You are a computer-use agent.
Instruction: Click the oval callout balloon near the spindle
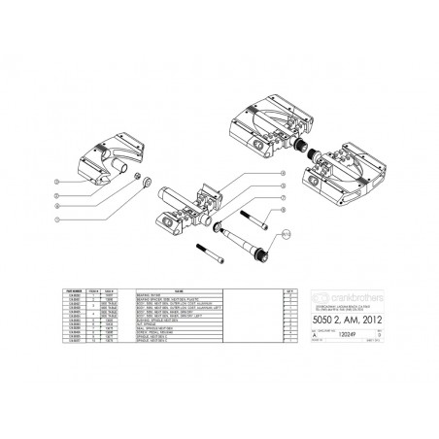click(x=287, y=234)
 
